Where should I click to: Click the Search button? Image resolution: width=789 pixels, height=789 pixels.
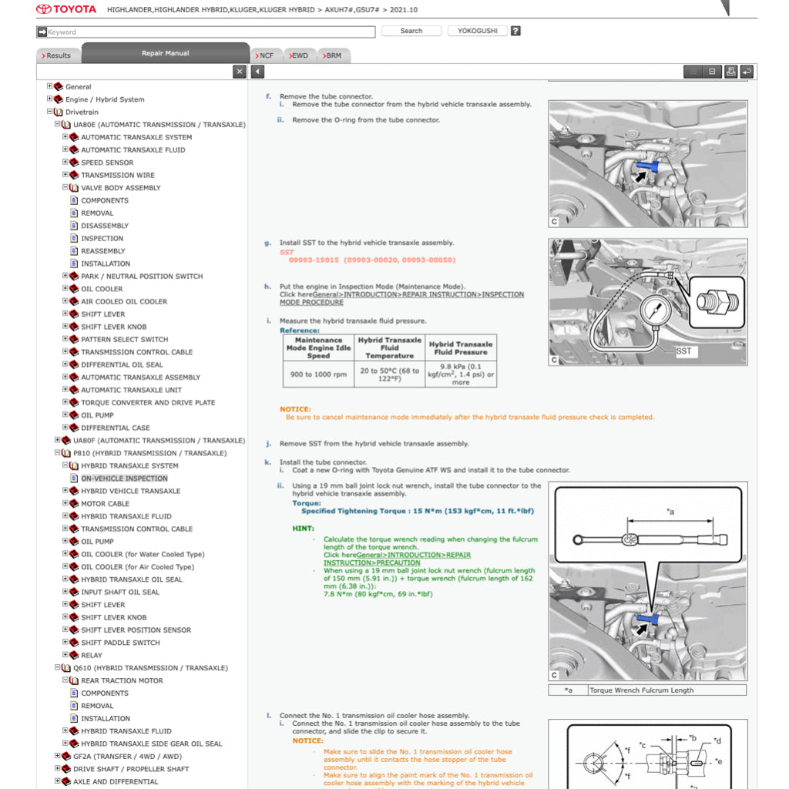[x=411, y=31]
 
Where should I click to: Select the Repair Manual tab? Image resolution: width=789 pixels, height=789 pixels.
[x=165, y=53]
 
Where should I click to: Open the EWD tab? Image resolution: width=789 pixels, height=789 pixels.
[x=298, y=55]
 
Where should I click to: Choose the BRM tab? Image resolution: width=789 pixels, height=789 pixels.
[x=332, y=55]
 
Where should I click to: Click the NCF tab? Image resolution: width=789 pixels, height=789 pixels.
[x=265, y=55]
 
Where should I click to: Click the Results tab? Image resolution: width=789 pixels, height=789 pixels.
[x=57, y=55]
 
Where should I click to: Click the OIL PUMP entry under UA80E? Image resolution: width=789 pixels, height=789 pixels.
[x=97, y=415]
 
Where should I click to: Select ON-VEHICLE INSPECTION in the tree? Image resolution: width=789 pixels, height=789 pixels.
[x=124, y=478]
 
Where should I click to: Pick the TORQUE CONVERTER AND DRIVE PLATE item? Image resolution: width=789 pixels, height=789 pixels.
[x=148, y=402]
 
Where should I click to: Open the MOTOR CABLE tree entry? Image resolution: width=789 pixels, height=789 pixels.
[x=105, y=504]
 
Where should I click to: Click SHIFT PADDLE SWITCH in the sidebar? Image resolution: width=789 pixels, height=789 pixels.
[x=120, y=643]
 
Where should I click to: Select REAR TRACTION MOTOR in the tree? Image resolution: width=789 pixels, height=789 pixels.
[x=122, y=680]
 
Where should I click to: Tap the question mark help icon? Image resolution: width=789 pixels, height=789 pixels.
[x=515, y=31]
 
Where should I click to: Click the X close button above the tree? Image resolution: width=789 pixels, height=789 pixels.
[x=240, y=72]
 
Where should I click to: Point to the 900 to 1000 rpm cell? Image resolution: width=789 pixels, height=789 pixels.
[x=318, y=374]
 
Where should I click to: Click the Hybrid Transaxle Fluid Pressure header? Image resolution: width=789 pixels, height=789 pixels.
[x=461, y=347]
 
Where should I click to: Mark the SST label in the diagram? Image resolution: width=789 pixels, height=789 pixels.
[x=683, y=351]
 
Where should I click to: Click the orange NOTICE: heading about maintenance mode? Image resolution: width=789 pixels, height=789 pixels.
[x=295, y=409]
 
